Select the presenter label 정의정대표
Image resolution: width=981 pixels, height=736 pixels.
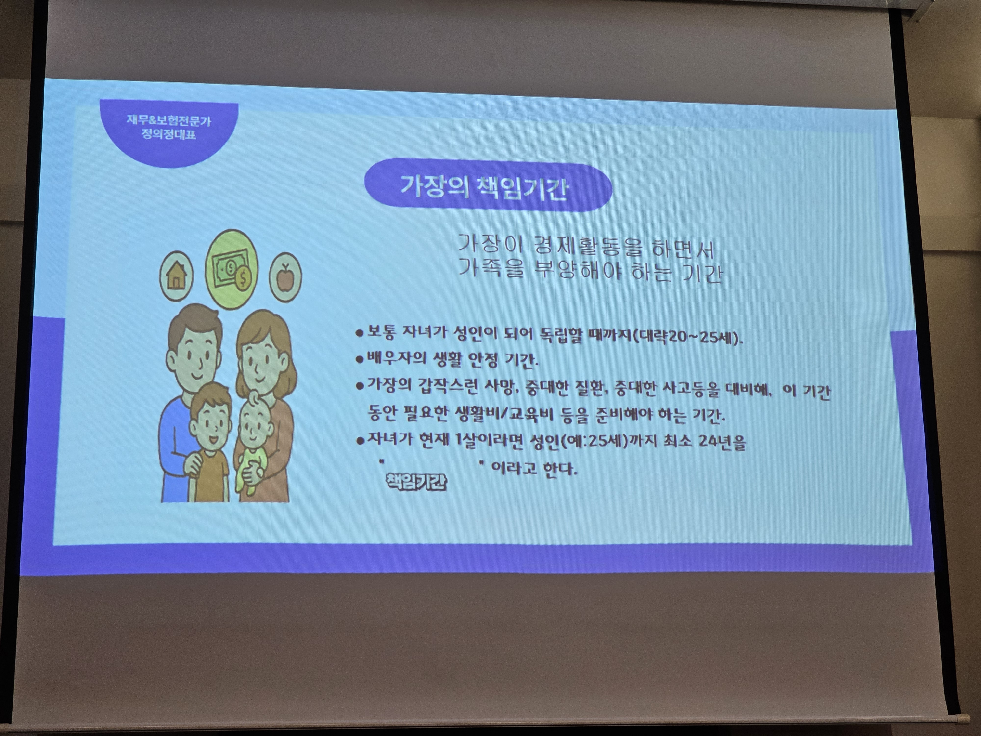168,134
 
